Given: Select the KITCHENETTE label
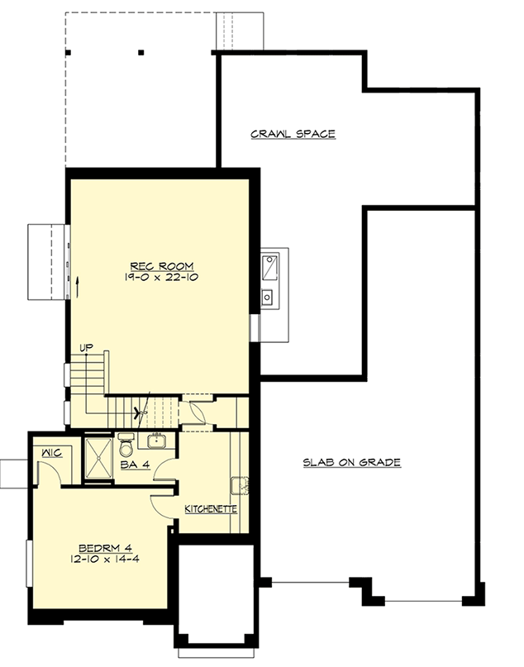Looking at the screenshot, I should (211, 509).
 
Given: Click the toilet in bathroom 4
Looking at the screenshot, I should (126, 444).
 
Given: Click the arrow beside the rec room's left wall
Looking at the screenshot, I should (76, 288).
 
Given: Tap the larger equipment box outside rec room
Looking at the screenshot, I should (270, 268).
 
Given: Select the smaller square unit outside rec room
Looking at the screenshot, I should (269, 297).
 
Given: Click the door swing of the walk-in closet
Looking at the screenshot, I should (47, 472).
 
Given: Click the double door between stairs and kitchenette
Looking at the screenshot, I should (197, 411).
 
